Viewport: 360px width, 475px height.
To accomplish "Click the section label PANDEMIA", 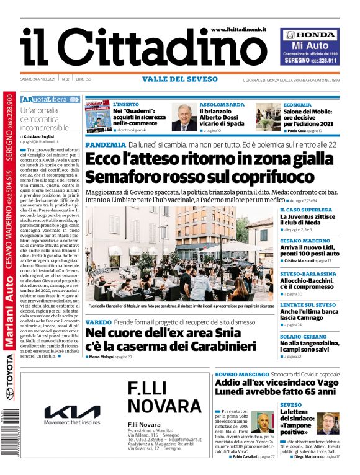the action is click(x=106, y=144).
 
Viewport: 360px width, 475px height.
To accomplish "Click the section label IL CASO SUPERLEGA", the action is click(x=304, y=210).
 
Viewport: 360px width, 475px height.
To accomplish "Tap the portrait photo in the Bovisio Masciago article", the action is click(x=263, y=422).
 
